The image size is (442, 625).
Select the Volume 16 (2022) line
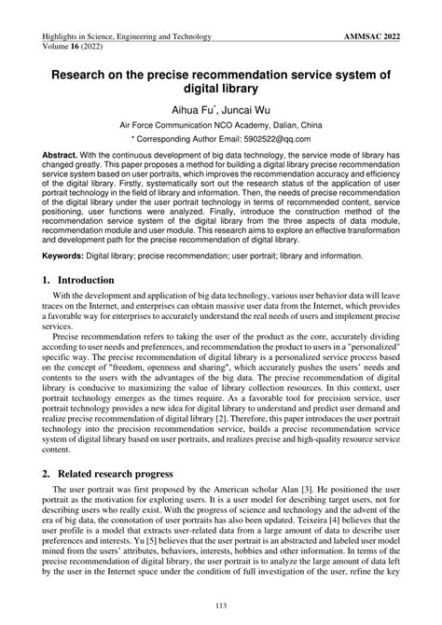(74, 47)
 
